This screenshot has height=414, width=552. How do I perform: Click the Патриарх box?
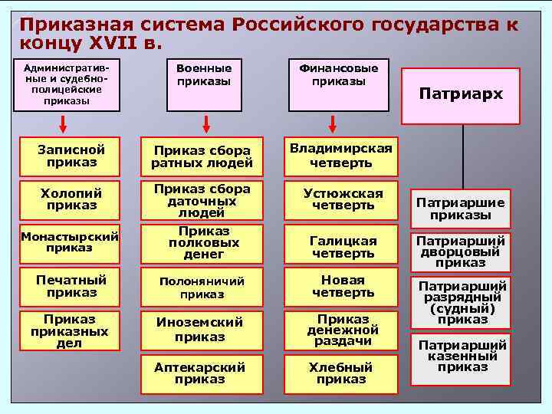click(462, 95)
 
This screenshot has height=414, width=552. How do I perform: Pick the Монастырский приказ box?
click(69, 242)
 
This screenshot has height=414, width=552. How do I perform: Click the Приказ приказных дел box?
click(69, 330)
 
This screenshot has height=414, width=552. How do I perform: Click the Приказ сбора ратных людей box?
click(200, 156)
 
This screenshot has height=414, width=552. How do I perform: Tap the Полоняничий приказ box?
click(200, 287)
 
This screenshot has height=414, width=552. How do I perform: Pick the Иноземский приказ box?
click(200, 330)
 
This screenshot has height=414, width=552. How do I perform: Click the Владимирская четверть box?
click(341, 156)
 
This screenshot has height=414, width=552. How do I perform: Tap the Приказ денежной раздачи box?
click(341, 330)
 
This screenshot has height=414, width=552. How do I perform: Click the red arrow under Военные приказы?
click(206, 123)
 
